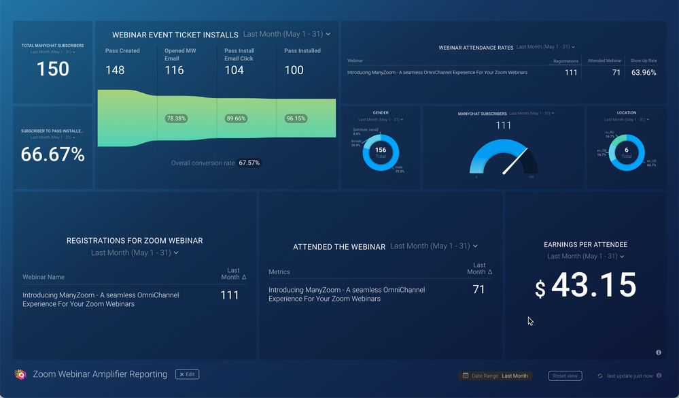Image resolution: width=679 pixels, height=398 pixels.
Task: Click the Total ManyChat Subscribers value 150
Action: click(52, 69)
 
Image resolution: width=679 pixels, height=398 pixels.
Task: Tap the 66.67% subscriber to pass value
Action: click(52, 154)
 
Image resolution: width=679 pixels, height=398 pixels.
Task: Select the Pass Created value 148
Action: click(115, 70)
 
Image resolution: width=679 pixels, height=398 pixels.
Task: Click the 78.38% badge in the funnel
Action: click(176, 118)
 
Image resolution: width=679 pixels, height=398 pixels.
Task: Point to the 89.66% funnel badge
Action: click(236, 118)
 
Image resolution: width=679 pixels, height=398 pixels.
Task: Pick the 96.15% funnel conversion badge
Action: click(296, 118)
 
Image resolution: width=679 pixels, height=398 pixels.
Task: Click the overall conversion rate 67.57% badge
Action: click(249, 163)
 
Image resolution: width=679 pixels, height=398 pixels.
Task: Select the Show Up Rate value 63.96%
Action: click(644, 73)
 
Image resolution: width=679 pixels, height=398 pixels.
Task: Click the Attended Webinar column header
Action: click(604, 61)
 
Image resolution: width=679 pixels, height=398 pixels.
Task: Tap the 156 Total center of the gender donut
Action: click(381, 152)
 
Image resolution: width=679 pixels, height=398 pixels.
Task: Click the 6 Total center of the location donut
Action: click(627, 152)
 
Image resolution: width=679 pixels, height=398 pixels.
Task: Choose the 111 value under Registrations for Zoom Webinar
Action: click(230, 295)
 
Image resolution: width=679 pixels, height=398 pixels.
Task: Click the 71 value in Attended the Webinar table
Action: click(478, 290)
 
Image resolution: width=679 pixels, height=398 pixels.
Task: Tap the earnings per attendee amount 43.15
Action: click(593, 286)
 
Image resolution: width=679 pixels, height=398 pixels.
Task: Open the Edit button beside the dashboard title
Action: click(187, 374)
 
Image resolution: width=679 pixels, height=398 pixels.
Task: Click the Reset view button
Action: click(565, 376)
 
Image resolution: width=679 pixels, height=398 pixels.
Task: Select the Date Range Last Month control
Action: click(495, 376)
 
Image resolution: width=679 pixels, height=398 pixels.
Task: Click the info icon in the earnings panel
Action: click(659, 352)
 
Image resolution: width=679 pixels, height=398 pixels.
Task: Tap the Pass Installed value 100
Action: click(294, 70)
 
